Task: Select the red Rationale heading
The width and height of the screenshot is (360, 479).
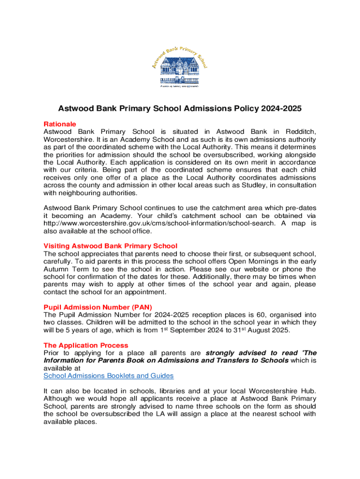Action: click(60, 124)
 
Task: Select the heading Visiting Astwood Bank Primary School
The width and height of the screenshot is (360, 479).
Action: click(110, 246)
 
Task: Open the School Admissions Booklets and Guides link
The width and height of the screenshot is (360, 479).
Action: click(108, 376)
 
